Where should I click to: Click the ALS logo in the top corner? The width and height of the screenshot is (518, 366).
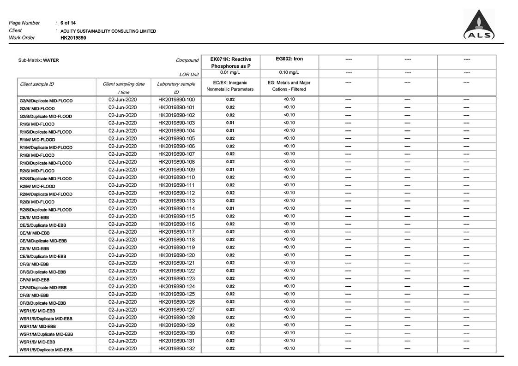point(479,25)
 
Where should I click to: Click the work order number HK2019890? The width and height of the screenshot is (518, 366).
point(73,38)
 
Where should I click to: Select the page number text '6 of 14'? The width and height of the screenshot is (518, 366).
point(68,23)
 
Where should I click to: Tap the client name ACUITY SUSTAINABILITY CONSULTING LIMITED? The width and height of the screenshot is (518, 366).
point(108,31)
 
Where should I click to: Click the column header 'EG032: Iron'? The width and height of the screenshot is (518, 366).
point(289,59)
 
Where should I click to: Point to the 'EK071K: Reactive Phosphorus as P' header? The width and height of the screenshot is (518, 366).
point(230,63)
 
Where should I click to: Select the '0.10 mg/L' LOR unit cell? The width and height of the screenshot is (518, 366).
point(289,72)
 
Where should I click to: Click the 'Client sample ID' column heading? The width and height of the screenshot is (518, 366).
point(37,84)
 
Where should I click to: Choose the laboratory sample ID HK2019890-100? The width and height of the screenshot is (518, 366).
point(176,100)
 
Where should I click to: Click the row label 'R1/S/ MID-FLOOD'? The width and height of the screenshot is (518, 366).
point(37,124)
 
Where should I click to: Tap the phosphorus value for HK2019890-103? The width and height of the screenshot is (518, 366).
point(230,123)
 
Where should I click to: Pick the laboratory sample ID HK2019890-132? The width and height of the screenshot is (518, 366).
point(176,348)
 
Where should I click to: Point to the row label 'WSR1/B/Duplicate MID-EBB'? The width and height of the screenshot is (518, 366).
point(46,350)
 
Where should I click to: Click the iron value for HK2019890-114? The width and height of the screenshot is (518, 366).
point(289,208)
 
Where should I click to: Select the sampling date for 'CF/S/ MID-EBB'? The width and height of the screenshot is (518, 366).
point(122,263)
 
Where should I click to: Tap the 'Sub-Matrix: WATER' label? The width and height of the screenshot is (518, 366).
point(38,60)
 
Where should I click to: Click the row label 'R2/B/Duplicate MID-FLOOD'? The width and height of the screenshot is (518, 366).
point(45,210)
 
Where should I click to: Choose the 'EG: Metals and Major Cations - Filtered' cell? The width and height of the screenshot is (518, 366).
point(289,86)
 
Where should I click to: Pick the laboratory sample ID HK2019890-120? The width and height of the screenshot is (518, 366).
point(176,255)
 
